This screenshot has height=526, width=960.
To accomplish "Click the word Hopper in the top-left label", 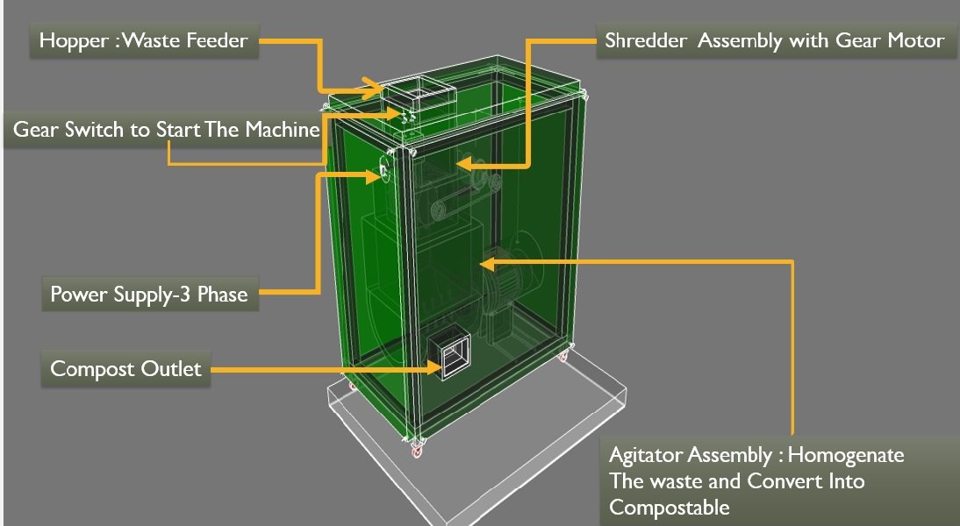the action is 74,41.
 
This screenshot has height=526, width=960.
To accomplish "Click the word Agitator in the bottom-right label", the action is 645,456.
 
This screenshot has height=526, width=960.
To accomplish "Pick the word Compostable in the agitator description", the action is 670,508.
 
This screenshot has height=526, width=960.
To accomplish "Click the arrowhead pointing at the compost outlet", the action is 434,368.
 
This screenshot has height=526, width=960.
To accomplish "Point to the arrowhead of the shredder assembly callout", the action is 464,163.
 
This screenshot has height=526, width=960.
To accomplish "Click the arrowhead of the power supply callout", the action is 374,176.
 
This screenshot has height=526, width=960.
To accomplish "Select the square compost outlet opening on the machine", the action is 448,354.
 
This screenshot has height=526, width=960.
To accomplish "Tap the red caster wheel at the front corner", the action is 418,451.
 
